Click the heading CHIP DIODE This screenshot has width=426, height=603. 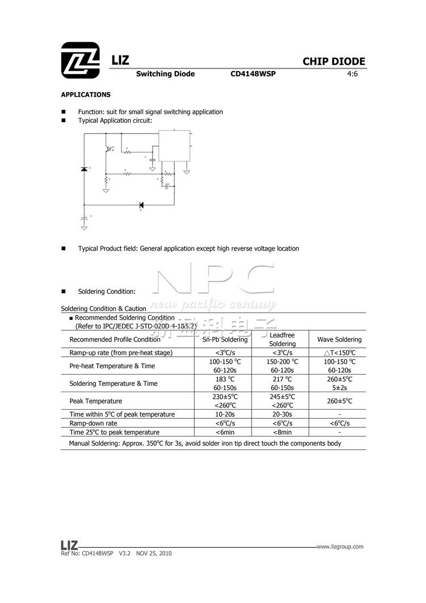tap(333, 62)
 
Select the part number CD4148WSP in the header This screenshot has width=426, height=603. tap(253, 74)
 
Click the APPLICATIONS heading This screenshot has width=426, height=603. tap(86, 95)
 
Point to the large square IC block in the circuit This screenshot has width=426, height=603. tap(174, 146)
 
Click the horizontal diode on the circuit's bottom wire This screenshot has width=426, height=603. tap(141, 205)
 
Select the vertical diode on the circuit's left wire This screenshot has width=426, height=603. tap(84, 169)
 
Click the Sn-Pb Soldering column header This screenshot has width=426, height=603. tap(225, 340)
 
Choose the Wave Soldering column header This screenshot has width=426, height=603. tap(339, 340)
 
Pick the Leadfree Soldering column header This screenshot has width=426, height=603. tap(282, 340)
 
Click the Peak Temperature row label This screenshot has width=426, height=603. tap(95, 401)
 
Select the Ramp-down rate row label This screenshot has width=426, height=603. tap(93, 423)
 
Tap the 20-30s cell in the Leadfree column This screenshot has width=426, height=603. tap(282, 414)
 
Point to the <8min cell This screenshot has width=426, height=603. tap(282, 433)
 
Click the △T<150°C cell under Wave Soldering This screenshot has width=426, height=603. tap(339, 353)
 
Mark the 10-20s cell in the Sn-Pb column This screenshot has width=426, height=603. tap(225, 414)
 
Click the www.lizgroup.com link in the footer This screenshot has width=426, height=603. tap(340, 547)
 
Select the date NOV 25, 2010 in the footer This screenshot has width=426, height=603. tap(154, 553)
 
